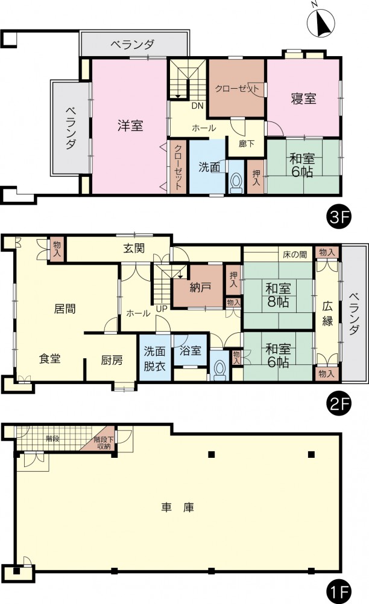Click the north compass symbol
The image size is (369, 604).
(321, 22)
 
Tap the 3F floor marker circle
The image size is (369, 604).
(339, 217)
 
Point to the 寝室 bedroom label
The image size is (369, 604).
(304, 99)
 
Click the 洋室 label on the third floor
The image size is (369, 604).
(130, 126)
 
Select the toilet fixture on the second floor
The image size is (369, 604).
(219, 370)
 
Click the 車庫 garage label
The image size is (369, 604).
(178, 507)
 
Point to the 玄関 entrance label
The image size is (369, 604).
(134, 248)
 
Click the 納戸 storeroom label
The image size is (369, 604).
(200, 287)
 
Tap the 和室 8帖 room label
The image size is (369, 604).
(278, 295)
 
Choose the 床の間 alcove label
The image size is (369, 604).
(295, 254)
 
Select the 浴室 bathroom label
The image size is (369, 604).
(191, 350)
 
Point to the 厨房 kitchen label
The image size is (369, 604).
(112, 360)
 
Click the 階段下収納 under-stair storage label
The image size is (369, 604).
(104, 443)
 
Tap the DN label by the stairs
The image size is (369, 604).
(198, 106)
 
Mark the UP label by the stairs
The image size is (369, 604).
(162, 309)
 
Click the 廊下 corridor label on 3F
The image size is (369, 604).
(247, 144)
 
